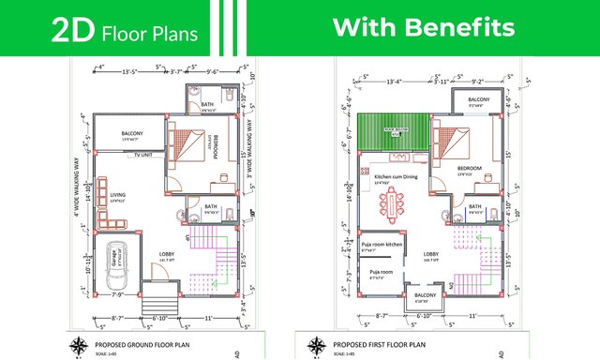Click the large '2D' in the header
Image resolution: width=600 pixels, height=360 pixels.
tap(70, 32)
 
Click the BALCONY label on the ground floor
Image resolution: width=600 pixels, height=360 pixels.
tap(132, 135)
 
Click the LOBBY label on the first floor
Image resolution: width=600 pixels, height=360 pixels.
tap(431, 254)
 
